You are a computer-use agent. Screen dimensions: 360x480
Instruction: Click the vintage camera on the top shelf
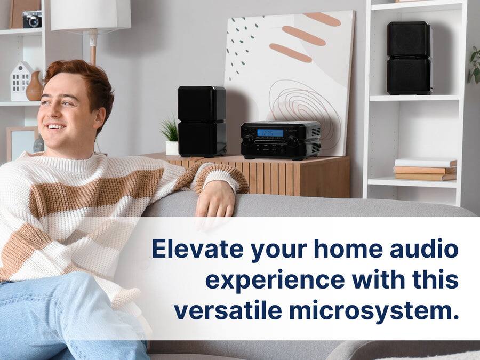pos(32,19)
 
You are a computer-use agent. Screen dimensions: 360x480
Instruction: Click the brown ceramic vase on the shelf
pos(35,87)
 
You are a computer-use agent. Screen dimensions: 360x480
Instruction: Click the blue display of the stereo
pos(270,132)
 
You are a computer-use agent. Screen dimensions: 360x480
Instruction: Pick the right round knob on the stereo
pos(293,141)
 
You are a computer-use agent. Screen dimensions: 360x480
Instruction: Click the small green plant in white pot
pos(171,137)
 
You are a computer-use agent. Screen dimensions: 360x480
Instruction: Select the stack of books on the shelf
pos(425,170)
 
